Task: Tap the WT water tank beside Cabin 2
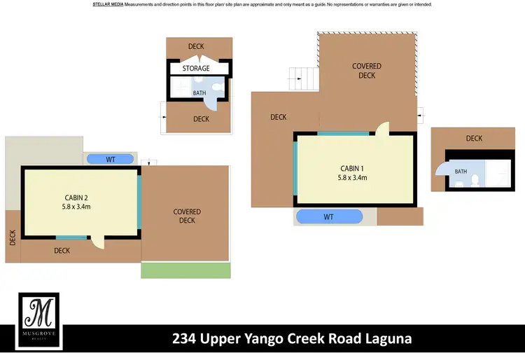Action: (111, 160)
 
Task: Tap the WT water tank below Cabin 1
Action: (329, 217)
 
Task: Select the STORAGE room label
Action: (196, 69)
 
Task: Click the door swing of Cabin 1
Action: (382, 127)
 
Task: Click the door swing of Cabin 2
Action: (98, 242)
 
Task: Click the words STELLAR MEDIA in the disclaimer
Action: (108, 4)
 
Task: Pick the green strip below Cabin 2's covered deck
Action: (185, 270)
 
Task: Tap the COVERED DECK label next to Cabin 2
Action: (187, 216)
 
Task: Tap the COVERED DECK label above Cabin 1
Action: (366, 71)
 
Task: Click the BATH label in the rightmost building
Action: (461, 172)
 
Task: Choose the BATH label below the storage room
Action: (199, 92)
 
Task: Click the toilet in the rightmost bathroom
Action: (474, 181)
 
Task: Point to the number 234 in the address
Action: (185, 339)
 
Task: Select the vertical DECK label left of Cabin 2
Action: (13, 238)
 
